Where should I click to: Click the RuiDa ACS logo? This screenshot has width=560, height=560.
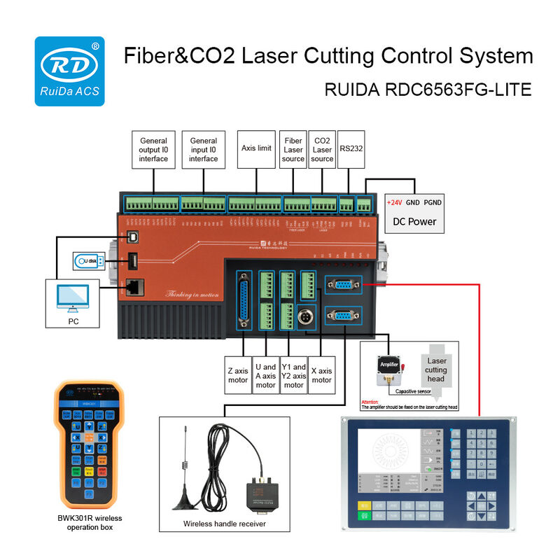pos(70,71)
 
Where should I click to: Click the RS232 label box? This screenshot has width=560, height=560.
pos(351,148)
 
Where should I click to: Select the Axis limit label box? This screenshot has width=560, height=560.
pos(256,148)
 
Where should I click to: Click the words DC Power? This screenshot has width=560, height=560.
pos(414,221)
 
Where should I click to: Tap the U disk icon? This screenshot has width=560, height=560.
pos(89,262)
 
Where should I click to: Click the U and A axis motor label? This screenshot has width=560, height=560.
pos(266,376)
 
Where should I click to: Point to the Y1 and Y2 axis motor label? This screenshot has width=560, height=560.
pos(294,376)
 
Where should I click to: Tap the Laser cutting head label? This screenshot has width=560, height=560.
pos(436,370)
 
